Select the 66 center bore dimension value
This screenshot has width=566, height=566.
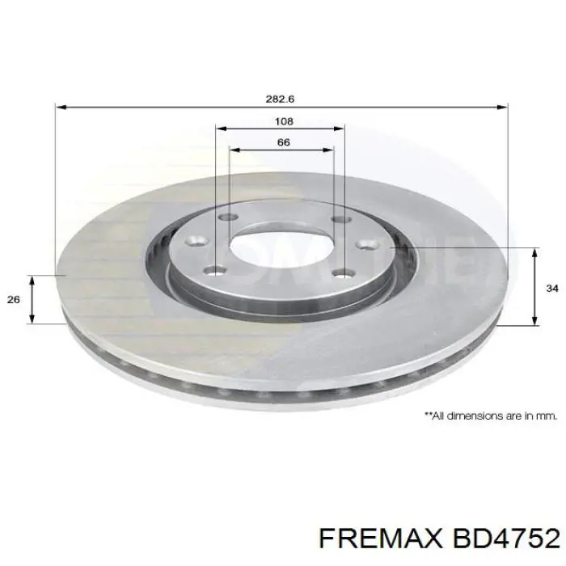click(282, 141)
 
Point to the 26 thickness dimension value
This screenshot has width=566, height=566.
click(13, 300)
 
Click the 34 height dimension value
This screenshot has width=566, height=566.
click(551, 288)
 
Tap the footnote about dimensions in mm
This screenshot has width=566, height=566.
click(491, 416)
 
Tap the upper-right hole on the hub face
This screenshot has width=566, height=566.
click(340, 218)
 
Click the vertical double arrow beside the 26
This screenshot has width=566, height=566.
click(32, 299)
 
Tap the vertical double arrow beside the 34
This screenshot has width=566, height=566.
click(534, 288)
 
